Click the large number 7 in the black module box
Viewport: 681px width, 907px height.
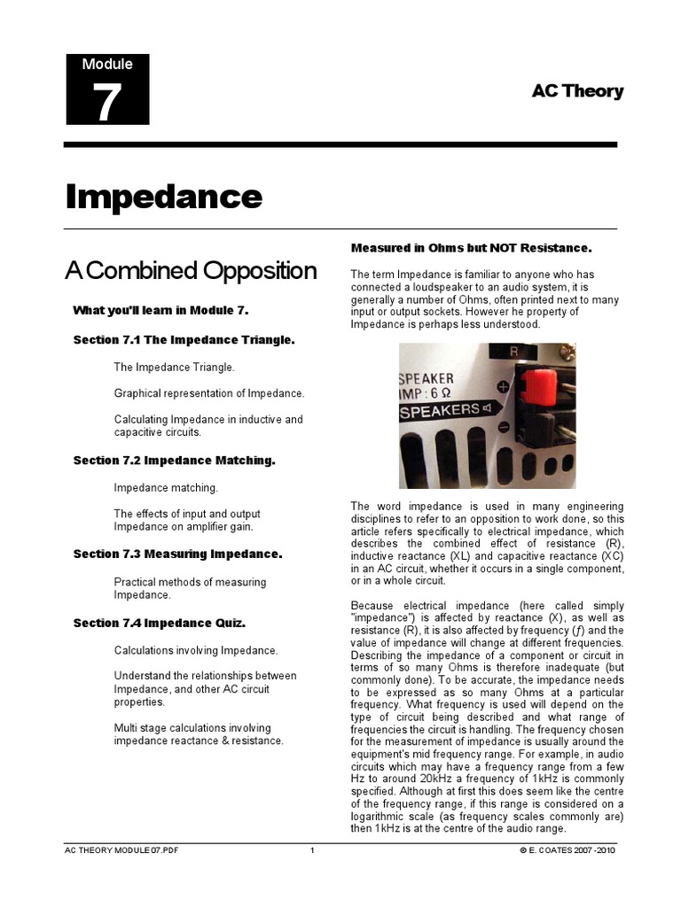click(x=106, y=103)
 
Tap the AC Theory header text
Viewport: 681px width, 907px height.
click(x=577, y=91)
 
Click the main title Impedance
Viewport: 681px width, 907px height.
click(x=164, y=197)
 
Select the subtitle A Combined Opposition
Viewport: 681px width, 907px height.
click(x=191, y=271)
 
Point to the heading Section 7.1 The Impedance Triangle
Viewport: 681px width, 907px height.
click(x=184, y=340)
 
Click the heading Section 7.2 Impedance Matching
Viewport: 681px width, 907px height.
click(x=174, y=461)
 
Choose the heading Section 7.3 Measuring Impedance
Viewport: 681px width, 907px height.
click(x=177, y=554)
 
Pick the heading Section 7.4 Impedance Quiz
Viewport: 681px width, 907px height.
click(x=159, y=623)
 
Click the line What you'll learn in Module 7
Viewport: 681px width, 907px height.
click(x=160, y=310)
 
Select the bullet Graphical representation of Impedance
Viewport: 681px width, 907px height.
click(x=208, y=392)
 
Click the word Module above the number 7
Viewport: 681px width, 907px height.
click(x=107, y=64)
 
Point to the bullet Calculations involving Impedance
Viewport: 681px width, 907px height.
click(x=196, y=650)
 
